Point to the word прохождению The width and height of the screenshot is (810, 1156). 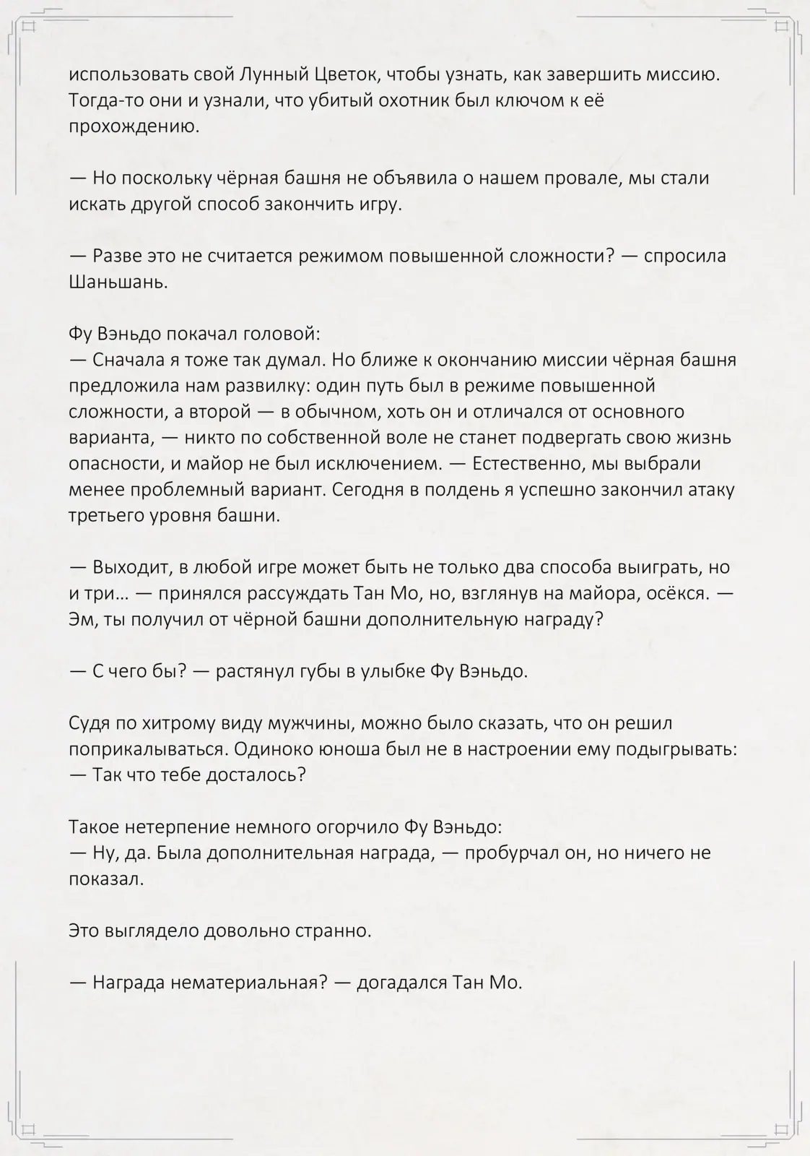pyautogui.click(x=134, y=126)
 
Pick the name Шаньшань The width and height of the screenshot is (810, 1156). pyautogui.click(x=118, y=282)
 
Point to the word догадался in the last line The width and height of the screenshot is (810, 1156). pyautogui.click(x=402, y=983)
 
